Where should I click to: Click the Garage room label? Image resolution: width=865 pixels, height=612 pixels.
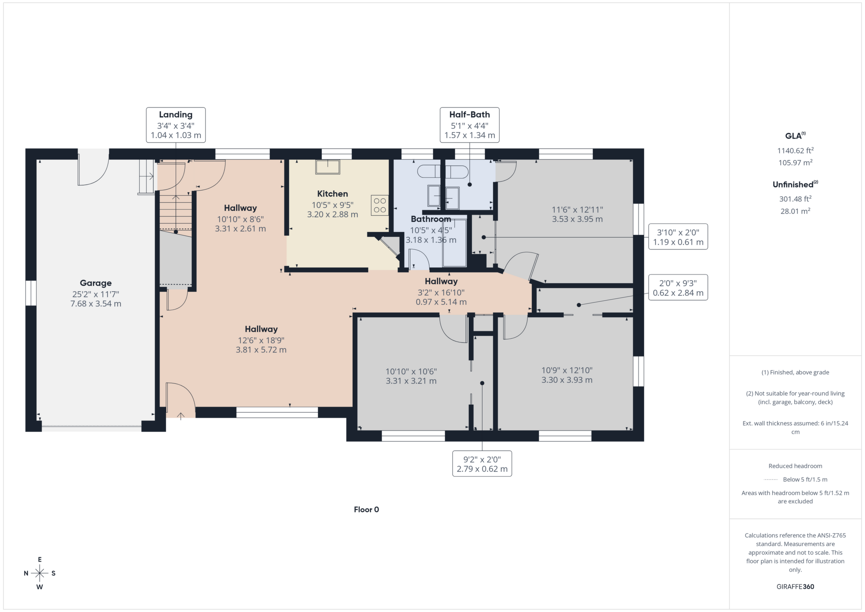pos(96,283)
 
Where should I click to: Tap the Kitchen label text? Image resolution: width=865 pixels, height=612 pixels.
pos(332,194)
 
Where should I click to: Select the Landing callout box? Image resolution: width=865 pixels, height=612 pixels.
pos(176,125)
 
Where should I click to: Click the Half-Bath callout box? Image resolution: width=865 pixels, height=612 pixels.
pos(470,125)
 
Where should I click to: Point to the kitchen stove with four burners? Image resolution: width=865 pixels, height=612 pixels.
pos(380,205)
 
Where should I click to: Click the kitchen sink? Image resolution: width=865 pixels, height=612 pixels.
pos(328,167)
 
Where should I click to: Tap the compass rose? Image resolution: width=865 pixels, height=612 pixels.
pos(40,573)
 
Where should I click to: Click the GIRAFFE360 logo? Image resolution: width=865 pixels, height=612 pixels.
pos(795,587)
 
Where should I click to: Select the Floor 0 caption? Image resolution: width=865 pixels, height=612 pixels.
pos(366,509)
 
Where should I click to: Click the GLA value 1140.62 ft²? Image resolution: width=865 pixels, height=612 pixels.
pos(795,150)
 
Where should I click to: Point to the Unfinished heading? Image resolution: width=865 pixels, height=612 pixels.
pos(795,184)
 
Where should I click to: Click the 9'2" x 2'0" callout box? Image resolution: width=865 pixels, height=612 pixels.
pos(482,464)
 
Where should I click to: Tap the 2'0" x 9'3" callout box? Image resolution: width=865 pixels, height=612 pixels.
pos(678,287)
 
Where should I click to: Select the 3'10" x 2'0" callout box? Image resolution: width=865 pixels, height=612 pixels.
pos(678,237)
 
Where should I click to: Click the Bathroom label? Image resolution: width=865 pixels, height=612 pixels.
pos(431,219)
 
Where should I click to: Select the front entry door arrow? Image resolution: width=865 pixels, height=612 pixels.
pos(181,416)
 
